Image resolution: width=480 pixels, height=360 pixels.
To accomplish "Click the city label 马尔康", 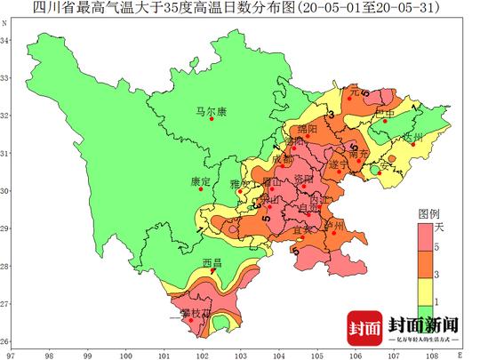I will tap(212, 111).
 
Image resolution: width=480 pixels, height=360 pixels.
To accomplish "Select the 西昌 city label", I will tap(212, 263).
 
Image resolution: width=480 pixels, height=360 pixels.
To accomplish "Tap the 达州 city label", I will tap(413, 137).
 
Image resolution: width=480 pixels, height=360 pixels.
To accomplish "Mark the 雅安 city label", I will tap(241, 184).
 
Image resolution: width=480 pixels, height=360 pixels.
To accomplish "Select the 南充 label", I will tap(359, 153).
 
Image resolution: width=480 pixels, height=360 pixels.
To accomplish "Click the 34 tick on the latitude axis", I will tap(7, 41).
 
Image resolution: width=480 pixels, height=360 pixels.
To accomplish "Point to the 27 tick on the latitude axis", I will tap(7, 304).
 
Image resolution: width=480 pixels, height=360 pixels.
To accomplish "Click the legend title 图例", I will tap(429, 215).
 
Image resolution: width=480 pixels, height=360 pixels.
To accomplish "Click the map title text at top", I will tap(240, 9).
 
